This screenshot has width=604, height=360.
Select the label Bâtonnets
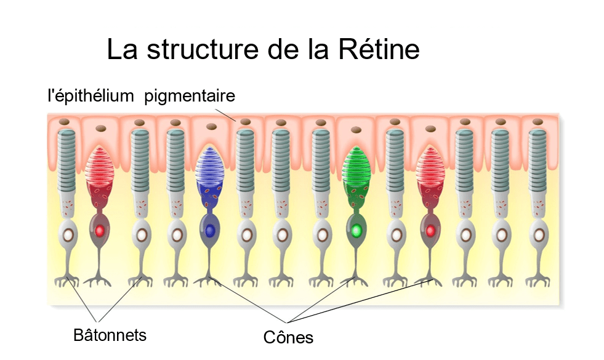point(110,335)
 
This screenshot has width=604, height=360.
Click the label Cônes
point(288,337)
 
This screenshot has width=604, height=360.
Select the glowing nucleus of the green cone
point(356,231)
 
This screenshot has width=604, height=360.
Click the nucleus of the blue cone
point(209,231)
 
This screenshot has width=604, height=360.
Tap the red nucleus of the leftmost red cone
point(99,231)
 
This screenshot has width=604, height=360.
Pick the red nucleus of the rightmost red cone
point(430,231)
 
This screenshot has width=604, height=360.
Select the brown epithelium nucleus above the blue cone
point(211,127)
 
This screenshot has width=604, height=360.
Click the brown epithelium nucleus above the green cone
point(356,129)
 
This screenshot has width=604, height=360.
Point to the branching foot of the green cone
point(355,279)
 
